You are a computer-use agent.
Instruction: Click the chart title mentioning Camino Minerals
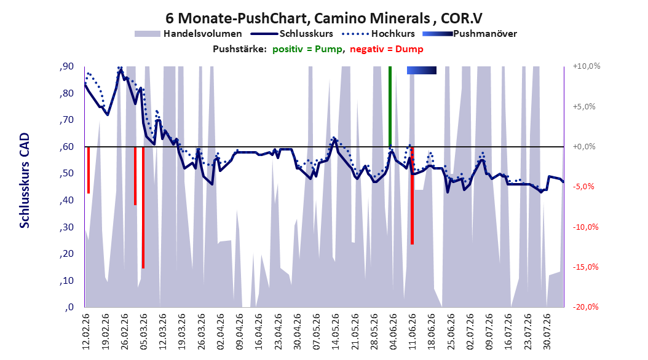[x=324, y=18]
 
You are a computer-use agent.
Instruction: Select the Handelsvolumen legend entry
[x=189, y=34]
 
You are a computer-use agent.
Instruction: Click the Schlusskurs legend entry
[x=293, y=34]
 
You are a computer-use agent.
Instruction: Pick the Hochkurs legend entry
[x=379, y=34]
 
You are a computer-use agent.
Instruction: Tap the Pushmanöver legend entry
[x=470, y=34]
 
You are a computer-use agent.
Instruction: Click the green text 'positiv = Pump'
[x=307, y=49]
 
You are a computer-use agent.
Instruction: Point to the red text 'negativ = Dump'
[x=387, y=49]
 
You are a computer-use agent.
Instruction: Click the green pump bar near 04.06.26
[x=390, y=106]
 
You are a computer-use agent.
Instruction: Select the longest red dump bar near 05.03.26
[x=143, y=208]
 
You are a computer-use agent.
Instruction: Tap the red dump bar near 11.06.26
[x=412, y=196]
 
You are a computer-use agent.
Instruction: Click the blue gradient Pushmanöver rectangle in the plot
[x=422, y=71]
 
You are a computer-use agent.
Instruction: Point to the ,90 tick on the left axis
[x=66, y=66]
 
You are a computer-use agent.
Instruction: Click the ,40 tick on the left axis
[x=66, y=200]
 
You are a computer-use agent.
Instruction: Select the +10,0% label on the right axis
[x=587, y=66]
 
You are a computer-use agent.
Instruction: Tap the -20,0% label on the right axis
[x=585, y=307]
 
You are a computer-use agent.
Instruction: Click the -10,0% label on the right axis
[x=585, y=227]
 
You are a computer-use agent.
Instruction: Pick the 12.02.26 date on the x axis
[x=85, y=332]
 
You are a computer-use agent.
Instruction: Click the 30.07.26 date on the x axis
[x=547, y=332]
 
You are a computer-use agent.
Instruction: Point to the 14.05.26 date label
[x=336, y=332]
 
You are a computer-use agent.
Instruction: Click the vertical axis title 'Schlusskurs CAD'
[x=25, y=181]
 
